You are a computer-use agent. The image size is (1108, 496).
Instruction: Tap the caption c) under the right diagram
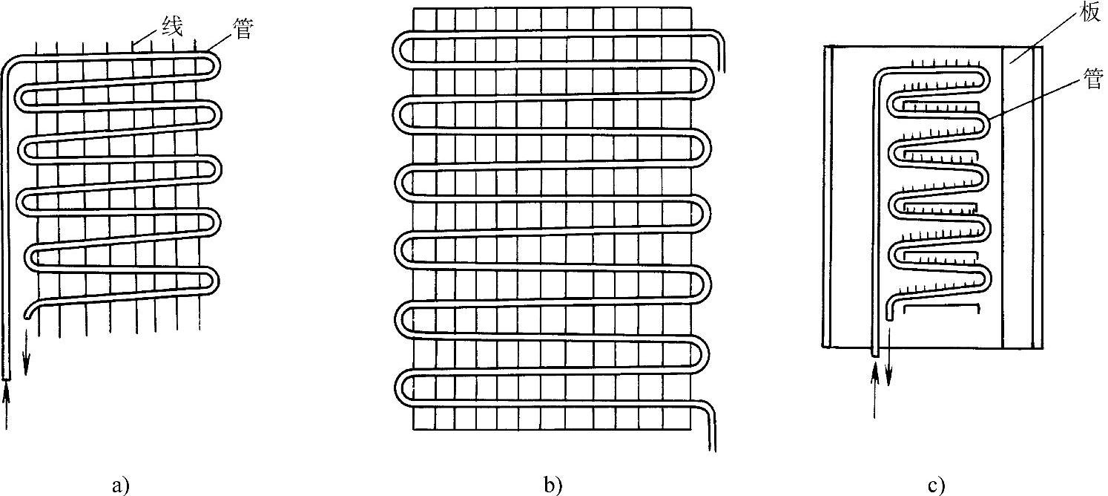pos(935,486)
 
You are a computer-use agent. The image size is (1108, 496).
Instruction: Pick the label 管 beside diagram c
pos(1093,79)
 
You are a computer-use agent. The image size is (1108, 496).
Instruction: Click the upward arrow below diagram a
pos(7,405)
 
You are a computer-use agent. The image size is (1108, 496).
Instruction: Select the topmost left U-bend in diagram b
pos(397,50)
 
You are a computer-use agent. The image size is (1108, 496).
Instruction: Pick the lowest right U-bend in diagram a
pos(216,280)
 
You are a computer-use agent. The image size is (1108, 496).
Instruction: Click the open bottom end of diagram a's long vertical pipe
pos(7,376)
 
